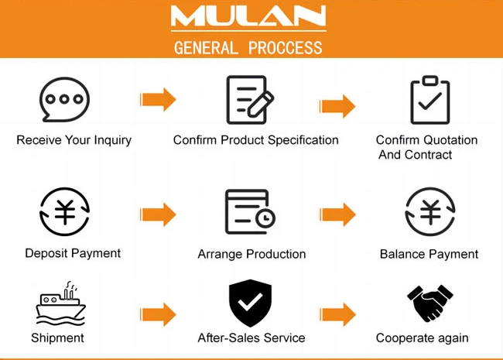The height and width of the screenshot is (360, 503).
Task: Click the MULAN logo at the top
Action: (248, 17)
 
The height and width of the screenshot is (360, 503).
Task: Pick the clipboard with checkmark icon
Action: (429, 100)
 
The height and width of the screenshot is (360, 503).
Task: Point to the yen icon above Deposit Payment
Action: (65, 211)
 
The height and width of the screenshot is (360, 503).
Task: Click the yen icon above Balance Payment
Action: (429, 211)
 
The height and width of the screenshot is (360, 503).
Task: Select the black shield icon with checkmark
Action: (250, 303)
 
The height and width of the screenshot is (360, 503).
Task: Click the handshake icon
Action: (429, 303)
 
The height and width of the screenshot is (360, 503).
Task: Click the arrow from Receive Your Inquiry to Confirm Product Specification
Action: (159, 99)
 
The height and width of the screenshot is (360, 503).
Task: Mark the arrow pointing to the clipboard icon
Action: (338, 105)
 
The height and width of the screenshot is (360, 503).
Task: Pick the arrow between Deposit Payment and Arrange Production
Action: (159, 214)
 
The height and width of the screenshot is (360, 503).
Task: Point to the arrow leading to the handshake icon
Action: (338, 314)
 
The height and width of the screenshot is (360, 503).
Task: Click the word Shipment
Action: (57, 338)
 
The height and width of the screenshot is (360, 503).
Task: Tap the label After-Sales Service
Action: (251, 338)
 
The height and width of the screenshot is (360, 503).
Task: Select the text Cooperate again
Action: (422, 338)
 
